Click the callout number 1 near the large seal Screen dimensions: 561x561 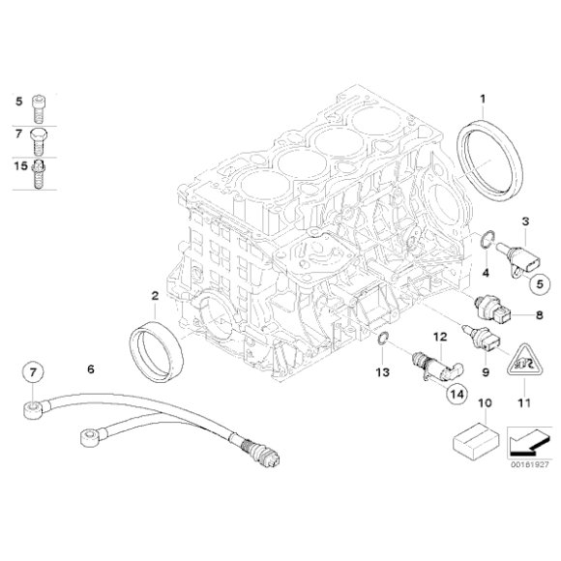(x=484, y=97)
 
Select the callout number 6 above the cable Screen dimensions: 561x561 (x=90, y=369)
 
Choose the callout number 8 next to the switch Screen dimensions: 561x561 (x=539, y=314)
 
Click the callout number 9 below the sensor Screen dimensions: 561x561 (x=484, y=369)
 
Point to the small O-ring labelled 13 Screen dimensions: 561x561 (x=383, y=338)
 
